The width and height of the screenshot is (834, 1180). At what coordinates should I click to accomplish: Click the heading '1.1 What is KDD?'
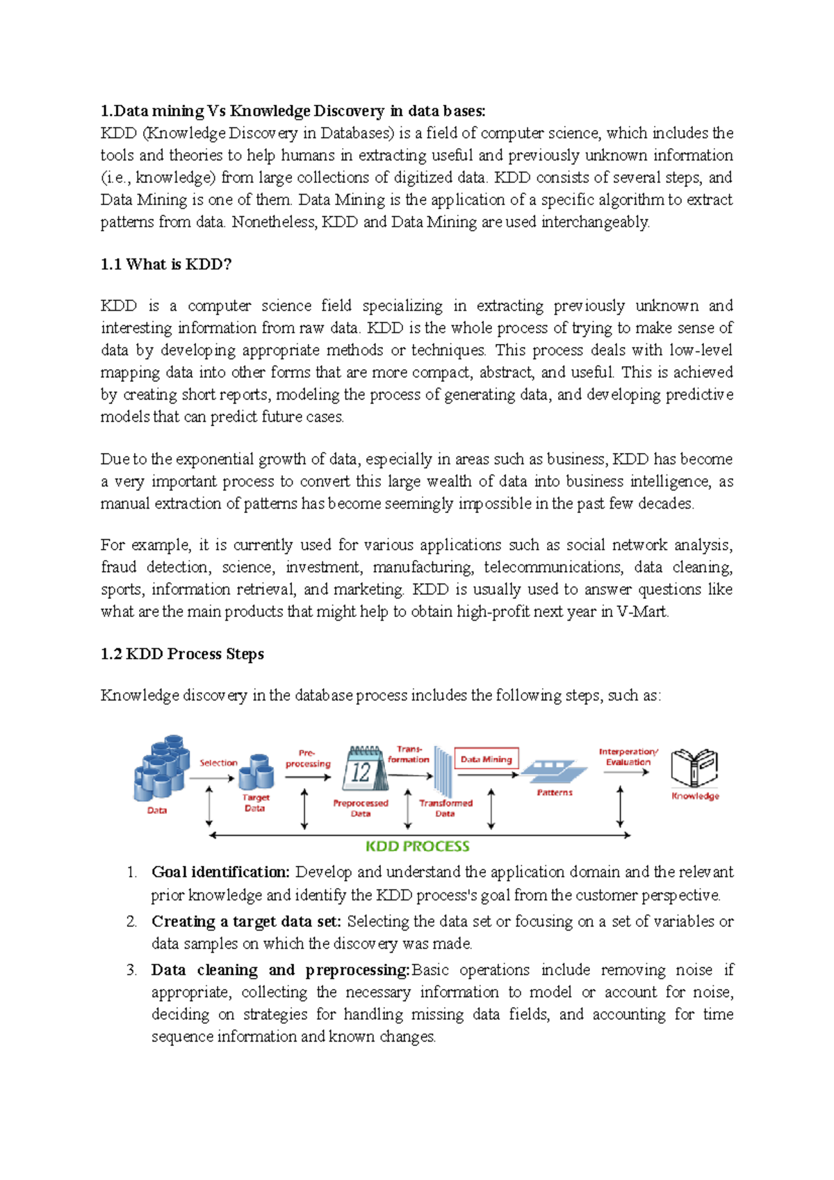(165, 264)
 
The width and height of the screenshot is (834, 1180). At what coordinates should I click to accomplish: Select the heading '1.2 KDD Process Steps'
(182, 654)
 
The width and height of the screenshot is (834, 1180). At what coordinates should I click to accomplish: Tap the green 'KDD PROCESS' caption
(418, 846)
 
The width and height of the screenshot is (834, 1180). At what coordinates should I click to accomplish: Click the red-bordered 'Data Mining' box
(486, 760)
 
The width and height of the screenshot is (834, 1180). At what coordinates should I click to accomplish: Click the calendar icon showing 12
(363, 769)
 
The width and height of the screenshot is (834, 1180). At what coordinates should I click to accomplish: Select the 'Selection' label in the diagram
(218, 763)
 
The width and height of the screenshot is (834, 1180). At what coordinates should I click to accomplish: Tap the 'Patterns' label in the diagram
(555, 792)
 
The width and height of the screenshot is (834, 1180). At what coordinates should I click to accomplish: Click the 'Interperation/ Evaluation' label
(628, 757)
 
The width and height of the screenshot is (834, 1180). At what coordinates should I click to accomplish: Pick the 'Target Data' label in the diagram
(255, 803)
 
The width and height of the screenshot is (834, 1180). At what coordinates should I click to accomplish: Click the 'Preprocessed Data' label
(361, 808)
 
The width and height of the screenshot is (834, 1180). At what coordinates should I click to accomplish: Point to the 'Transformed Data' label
(445, 808)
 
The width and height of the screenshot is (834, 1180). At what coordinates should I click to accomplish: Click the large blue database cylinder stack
(161, 768)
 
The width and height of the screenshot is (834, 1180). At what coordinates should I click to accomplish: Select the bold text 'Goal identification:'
(220, 872)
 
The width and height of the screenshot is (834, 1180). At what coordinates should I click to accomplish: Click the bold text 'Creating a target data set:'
(246, 921)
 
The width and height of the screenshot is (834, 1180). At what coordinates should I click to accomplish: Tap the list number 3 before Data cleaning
(131, 970)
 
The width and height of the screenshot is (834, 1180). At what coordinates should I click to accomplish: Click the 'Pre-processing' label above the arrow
(308, 758)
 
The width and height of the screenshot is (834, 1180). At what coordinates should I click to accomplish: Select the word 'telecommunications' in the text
(553, 567)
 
